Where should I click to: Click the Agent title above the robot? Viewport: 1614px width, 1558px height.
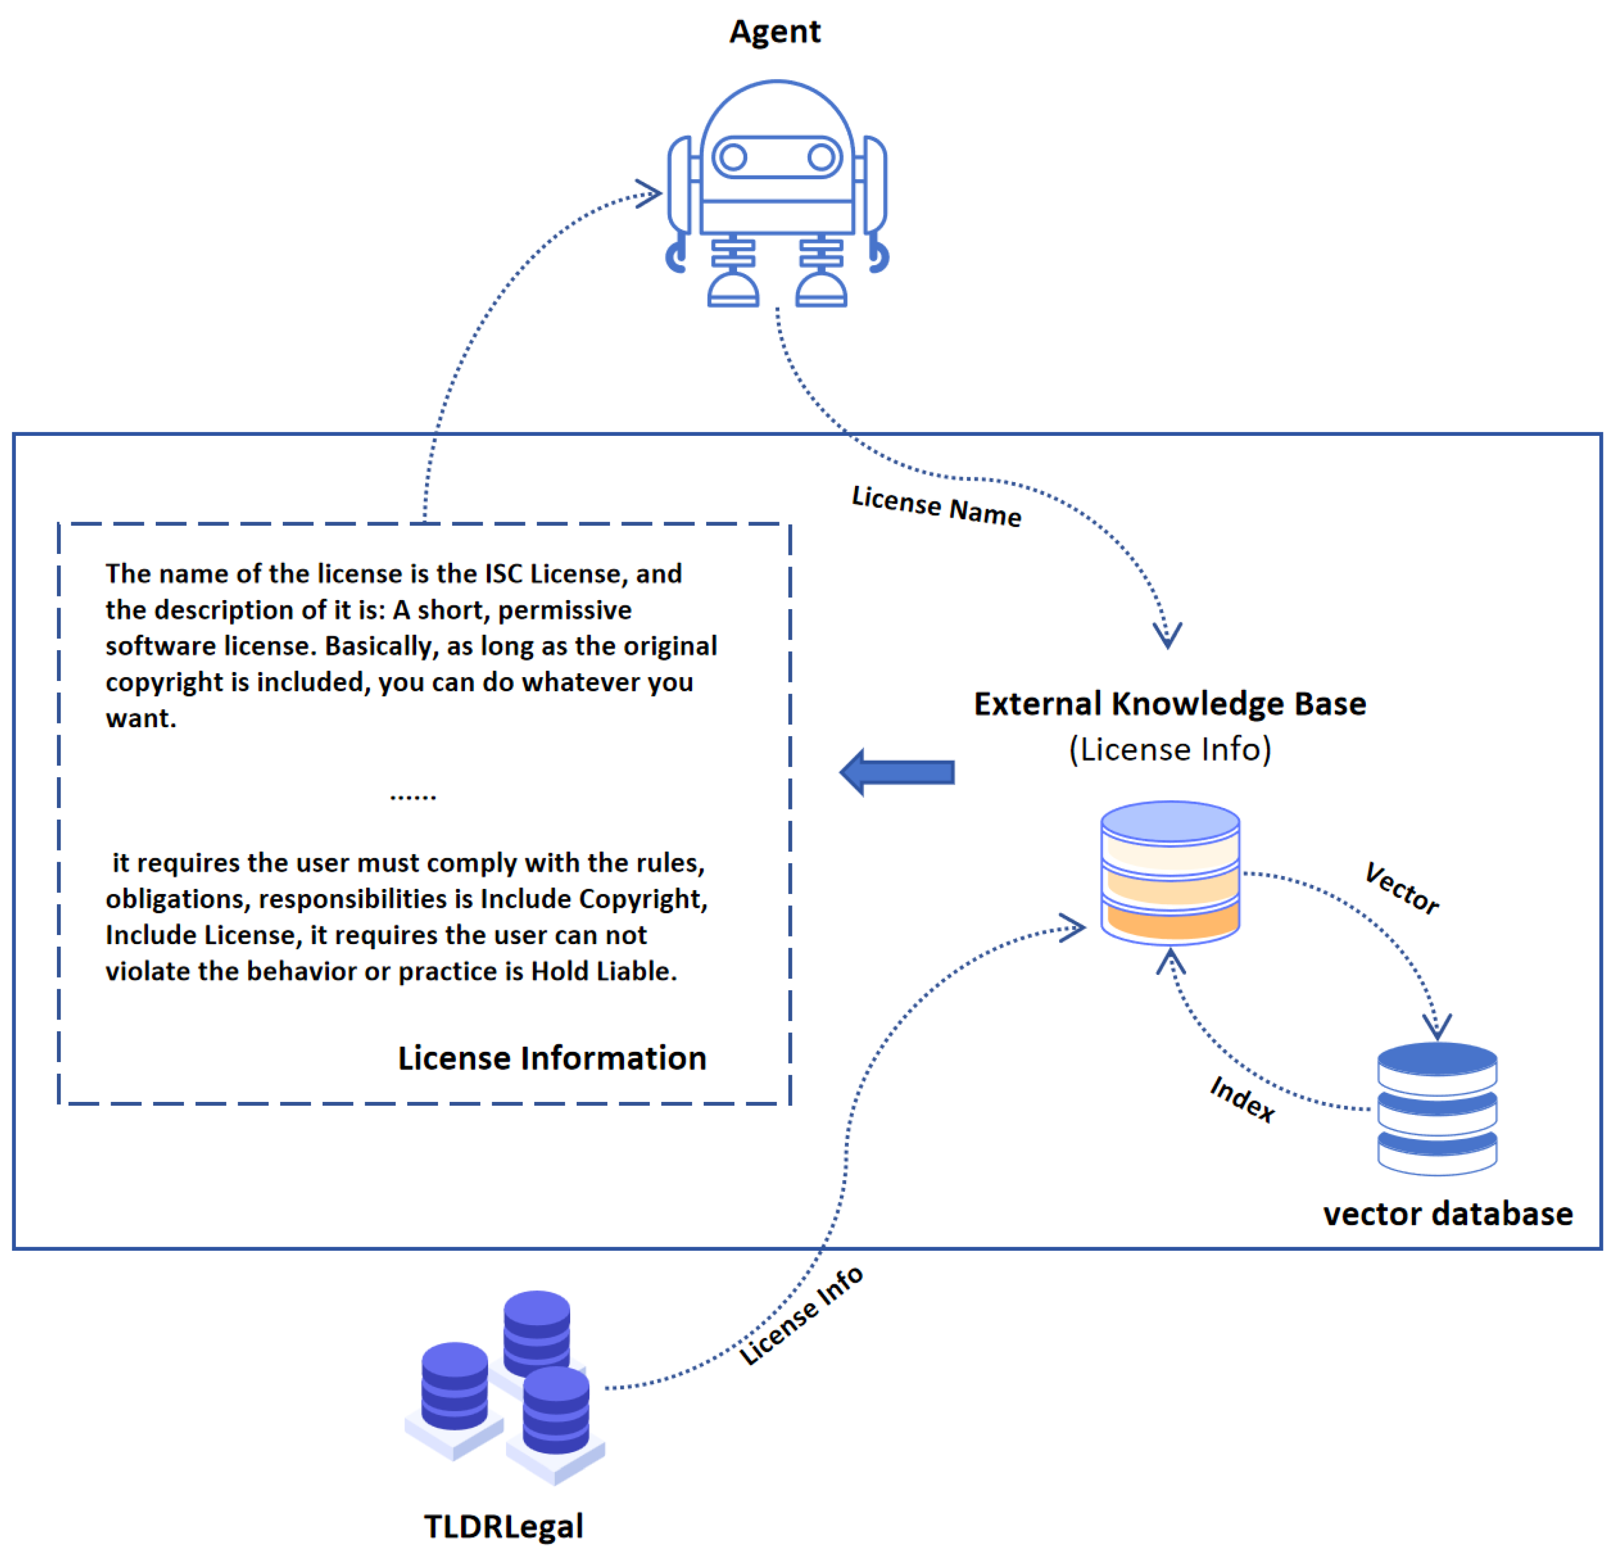775,32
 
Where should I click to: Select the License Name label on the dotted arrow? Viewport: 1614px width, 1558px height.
936,506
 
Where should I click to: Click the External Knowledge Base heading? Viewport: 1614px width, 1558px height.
1169,704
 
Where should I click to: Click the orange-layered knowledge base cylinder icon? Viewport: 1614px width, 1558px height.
1169,872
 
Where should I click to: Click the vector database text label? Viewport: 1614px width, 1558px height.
1447,1214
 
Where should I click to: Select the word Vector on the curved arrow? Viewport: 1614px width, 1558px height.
1401,888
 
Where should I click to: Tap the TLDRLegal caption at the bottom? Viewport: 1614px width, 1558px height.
503,1526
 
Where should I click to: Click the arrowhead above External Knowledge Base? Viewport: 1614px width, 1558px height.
1168,634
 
